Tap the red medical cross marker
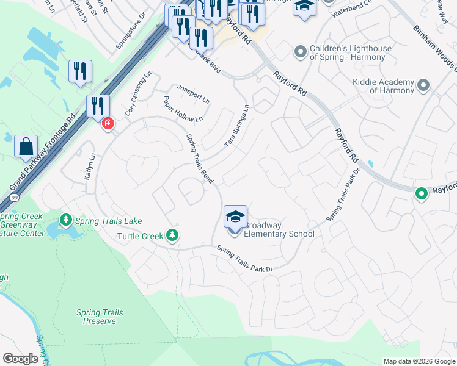(108, 124)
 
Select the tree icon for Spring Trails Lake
(65, 219)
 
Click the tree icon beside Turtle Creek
(173, 235)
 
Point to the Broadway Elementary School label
(279, 229)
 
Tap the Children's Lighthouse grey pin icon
(299, 52)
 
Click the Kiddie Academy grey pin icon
(423, 86)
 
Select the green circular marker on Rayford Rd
(421, 194)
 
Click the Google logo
(20, 359)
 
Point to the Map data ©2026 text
(419, 361)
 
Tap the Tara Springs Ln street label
(237, 125)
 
